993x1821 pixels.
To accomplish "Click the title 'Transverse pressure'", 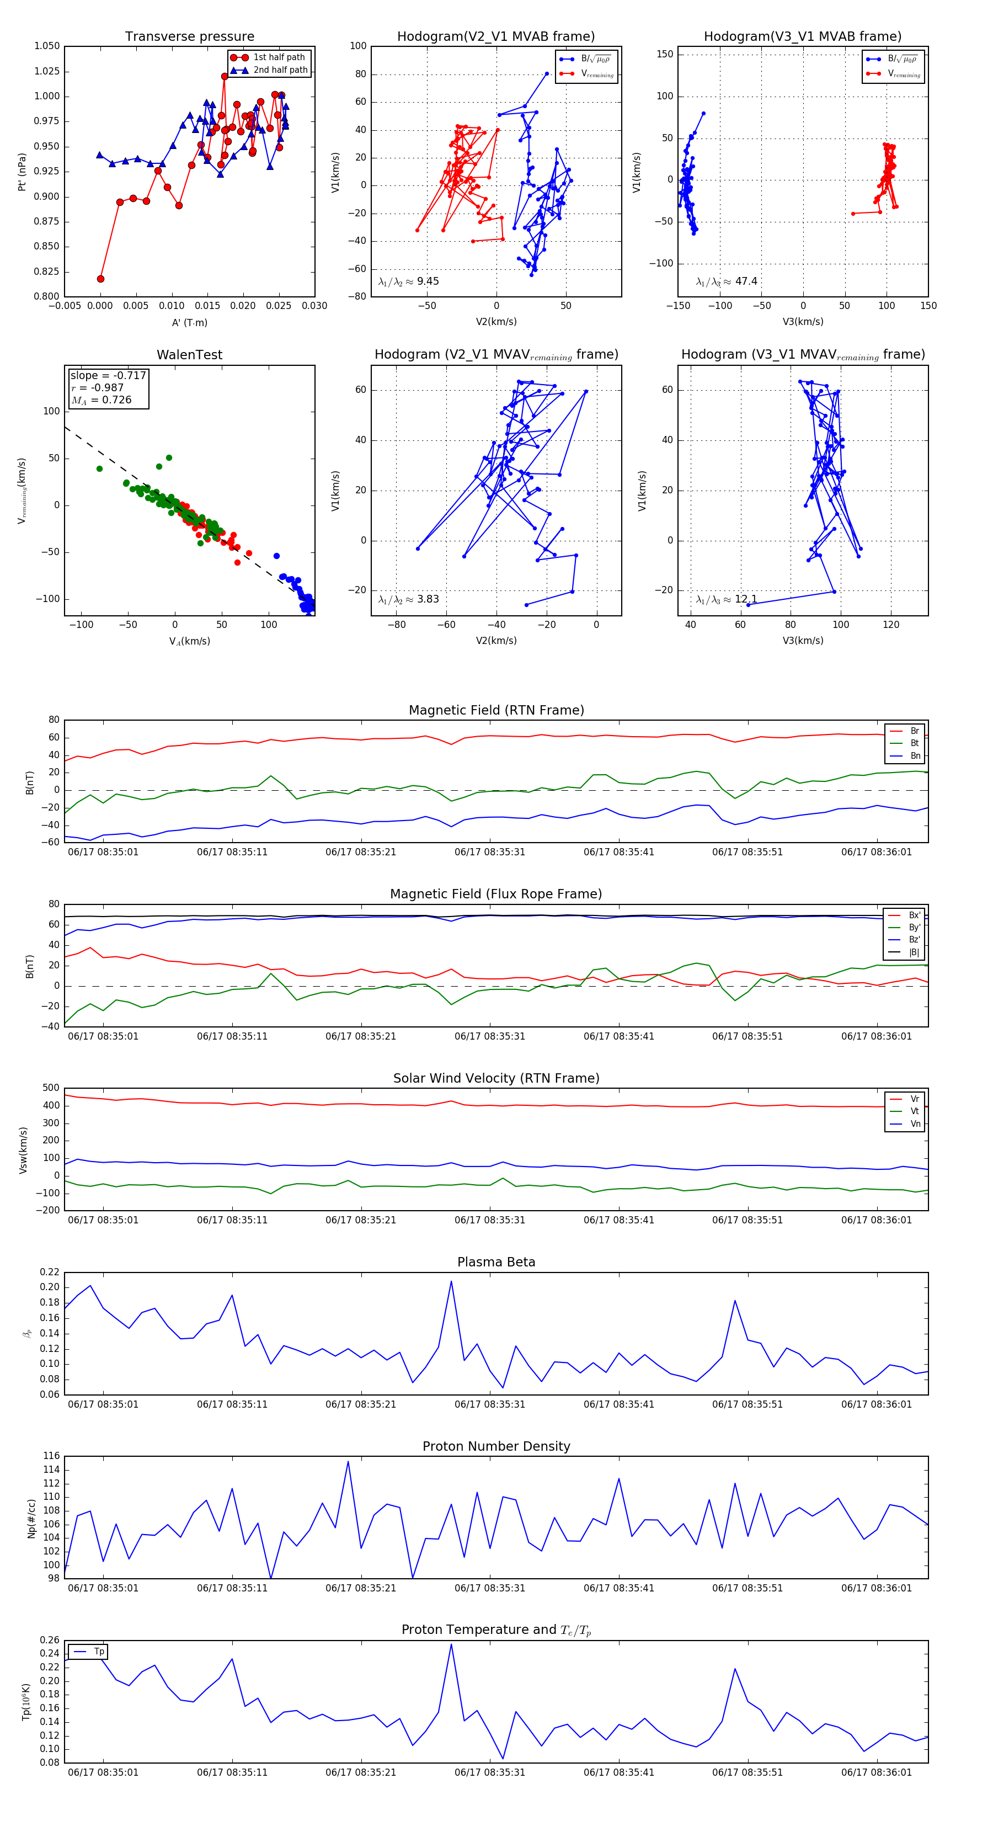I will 189,37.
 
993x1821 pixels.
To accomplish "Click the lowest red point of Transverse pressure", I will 100,279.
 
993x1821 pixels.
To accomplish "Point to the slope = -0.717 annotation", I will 108,375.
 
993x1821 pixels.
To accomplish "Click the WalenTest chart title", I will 189,355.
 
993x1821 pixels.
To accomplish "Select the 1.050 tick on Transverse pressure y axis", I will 47,46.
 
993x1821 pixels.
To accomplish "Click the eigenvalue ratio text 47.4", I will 746,281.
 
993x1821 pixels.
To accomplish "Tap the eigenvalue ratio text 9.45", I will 428,281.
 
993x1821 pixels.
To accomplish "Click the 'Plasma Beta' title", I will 496,1263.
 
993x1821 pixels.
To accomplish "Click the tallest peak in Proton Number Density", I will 348,1462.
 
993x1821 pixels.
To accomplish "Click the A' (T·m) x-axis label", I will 189,322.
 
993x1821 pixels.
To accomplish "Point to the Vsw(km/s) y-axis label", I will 23,1150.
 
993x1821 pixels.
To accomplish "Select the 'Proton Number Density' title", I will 496,1446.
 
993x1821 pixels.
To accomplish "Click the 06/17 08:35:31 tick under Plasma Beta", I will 490,1404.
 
